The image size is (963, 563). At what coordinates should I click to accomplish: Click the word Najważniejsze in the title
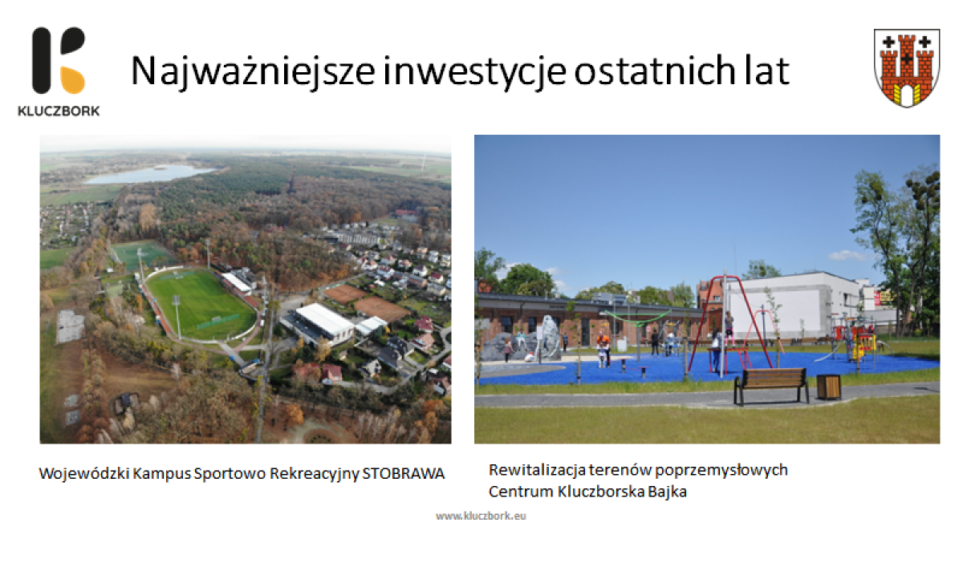[x=253, y=71]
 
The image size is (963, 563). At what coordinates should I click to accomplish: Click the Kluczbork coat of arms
[x=907, y=68]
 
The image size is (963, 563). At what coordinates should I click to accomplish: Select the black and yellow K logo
[x=59, y=60]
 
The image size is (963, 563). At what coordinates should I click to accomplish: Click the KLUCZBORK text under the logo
[x=59, y=111]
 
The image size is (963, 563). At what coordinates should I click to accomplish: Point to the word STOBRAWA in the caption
[x=403, y=474]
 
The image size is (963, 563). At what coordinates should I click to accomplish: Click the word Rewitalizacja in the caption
[x=538, y=470]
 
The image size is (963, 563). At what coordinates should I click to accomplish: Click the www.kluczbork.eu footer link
[x=481, y=516]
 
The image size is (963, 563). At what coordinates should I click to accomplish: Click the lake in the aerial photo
[x=151, y=173]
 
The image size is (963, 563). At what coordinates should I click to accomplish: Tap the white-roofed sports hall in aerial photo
[x=324, y=320]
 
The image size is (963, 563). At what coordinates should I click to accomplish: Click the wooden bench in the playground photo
[x=772, y=385]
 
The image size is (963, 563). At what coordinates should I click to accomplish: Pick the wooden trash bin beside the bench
[x=828, y=387]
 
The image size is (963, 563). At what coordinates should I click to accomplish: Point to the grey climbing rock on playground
[x=548, y=338]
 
